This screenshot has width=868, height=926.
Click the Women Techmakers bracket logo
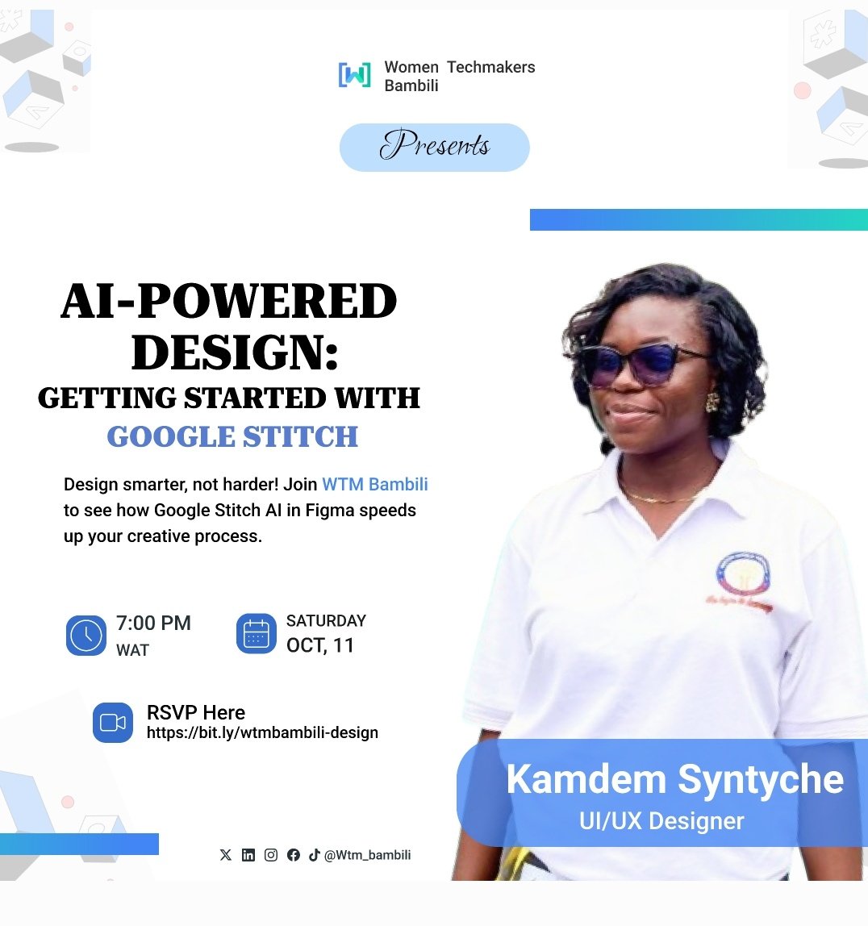coord(354,75)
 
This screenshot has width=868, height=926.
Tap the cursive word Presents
coord(435,147)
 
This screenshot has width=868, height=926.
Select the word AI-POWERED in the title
coord(229,302)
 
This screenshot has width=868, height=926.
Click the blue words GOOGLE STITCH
coord(232,437)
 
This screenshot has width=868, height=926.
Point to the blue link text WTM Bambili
coord(375,485)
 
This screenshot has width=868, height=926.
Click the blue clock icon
coord(86,635)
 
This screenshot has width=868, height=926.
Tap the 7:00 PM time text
coord(153,624)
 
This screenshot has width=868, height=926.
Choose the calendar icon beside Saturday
coord(257,633)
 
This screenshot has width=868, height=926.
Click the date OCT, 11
coord(320,645)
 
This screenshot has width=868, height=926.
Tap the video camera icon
coord(113,723)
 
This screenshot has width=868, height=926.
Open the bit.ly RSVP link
coord(262,733)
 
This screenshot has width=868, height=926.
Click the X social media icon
coord(226,855)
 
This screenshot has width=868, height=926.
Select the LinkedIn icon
coord(248,855)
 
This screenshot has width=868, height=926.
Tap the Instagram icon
coord(271,855)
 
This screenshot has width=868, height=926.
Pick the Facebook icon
coord(294,855)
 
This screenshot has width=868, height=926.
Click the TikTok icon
coord(315,855)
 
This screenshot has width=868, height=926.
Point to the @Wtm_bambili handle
coord(367,855)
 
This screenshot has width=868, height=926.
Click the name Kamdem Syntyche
coord(674,780)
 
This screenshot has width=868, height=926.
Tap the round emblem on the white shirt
coord(742,577)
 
